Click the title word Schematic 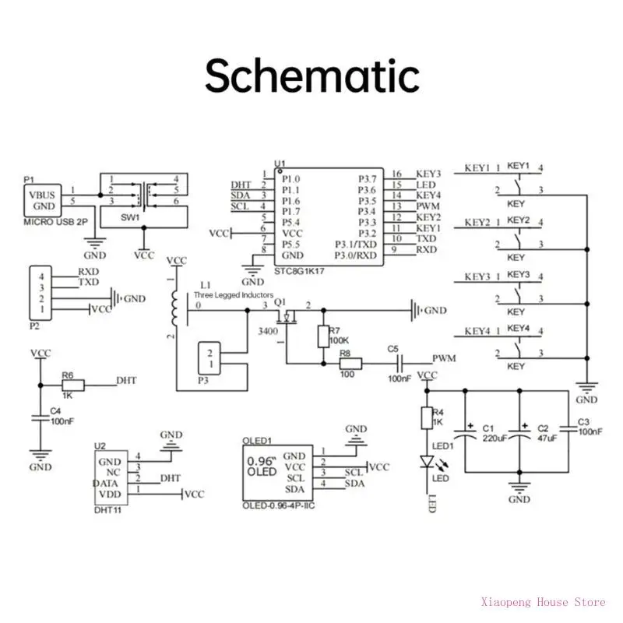[311, 76]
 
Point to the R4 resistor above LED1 [426, 417]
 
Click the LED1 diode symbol [426, 462]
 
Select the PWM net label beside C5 [444, 358]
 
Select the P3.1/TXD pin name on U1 [354, 244]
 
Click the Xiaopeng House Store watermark [544, 601]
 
